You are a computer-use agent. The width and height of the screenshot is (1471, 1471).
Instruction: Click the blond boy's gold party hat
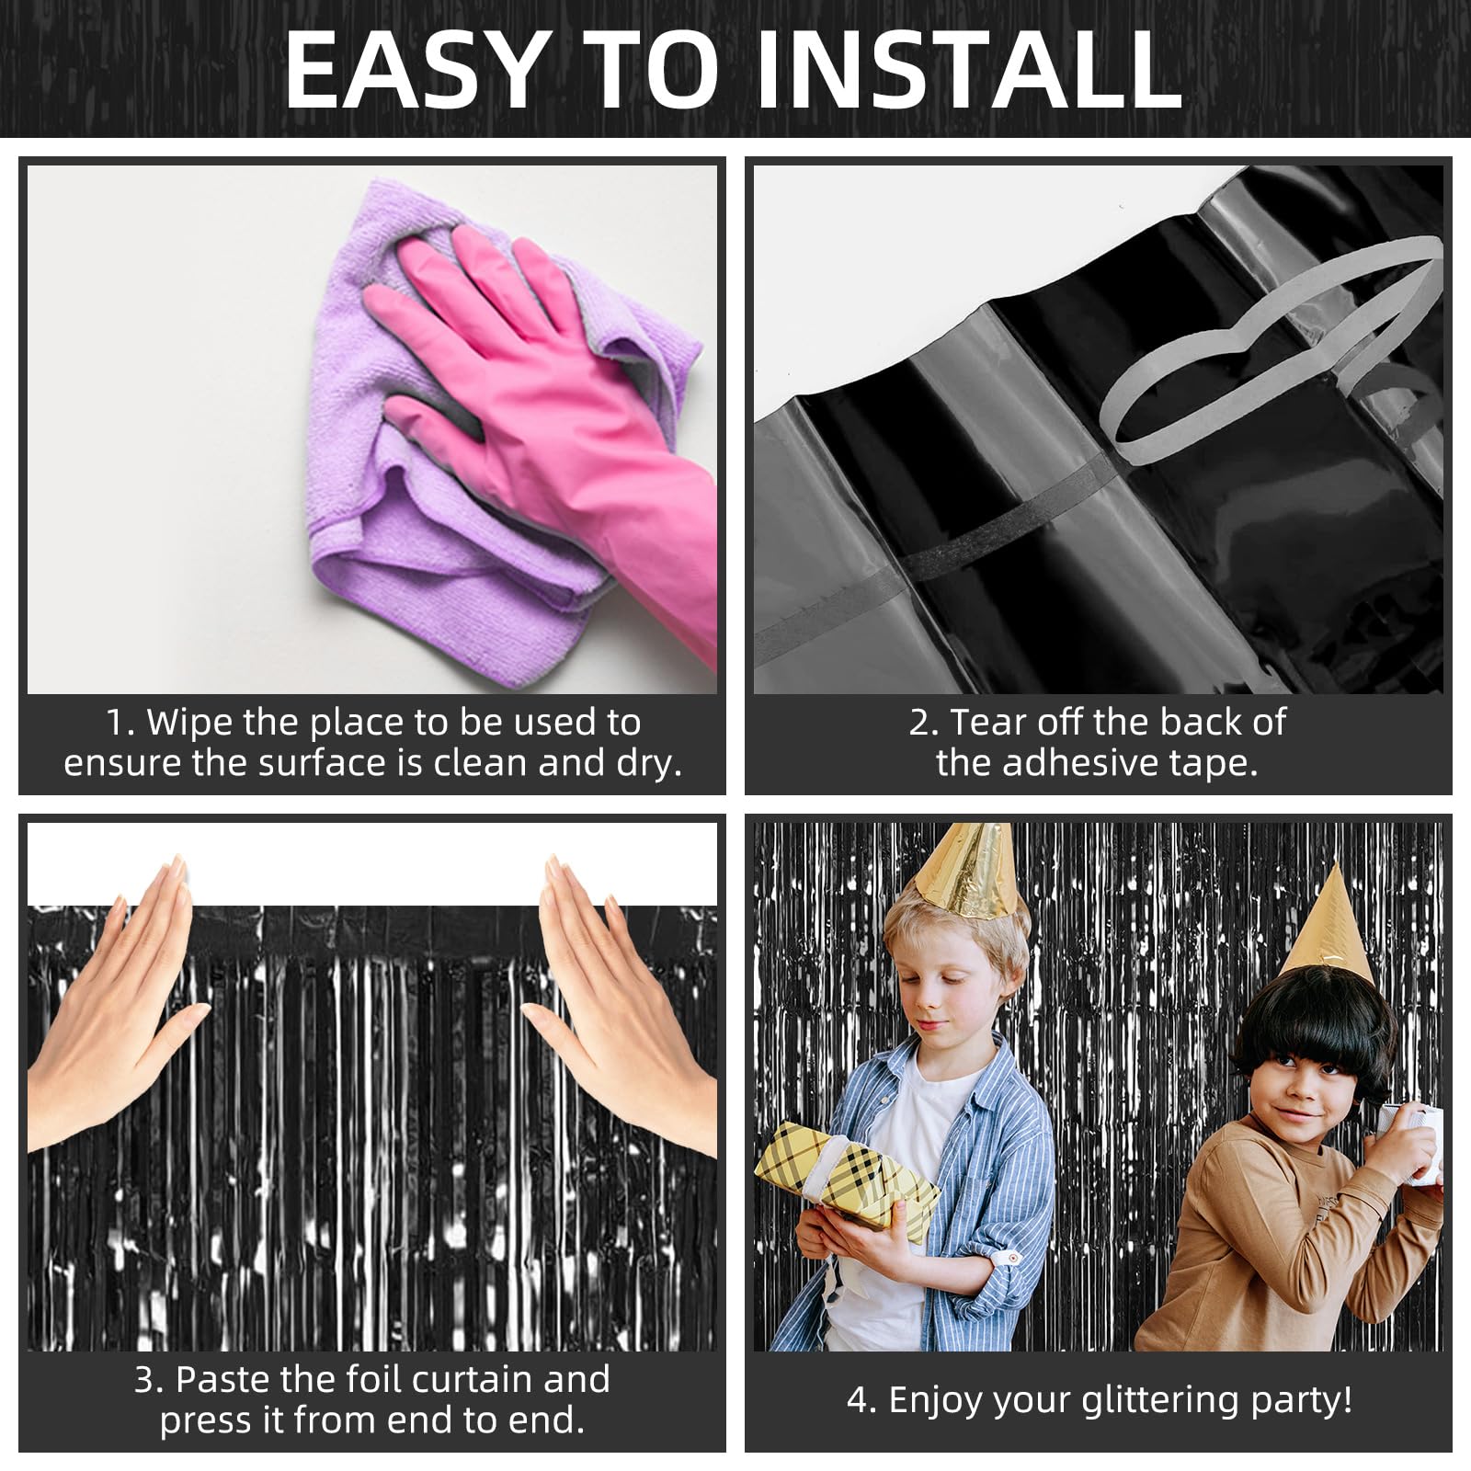click(965, 869)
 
